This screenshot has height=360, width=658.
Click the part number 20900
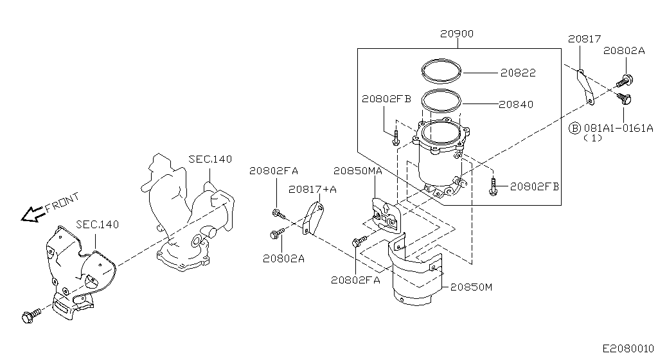[x=457, y=34]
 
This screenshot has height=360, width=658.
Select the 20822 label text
[x=517, y=73]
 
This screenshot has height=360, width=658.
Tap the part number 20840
[x=516, y=104]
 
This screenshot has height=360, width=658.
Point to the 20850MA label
[x=358, y=171]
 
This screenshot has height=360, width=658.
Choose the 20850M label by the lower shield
[x=470, y=287]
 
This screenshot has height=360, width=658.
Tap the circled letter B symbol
[x=576, y=128]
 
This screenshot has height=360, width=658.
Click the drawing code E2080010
[x=628, y=348]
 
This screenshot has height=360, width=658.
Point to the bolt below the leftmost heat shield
[x=31, y=316]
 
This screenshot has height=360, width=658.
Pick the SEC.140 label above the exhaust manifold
[x=210, y=159]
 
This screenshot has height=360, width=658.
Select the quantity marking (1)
[x=592, y=138]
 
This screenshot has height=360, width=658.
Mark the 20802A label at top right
[x=623, y=51]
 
